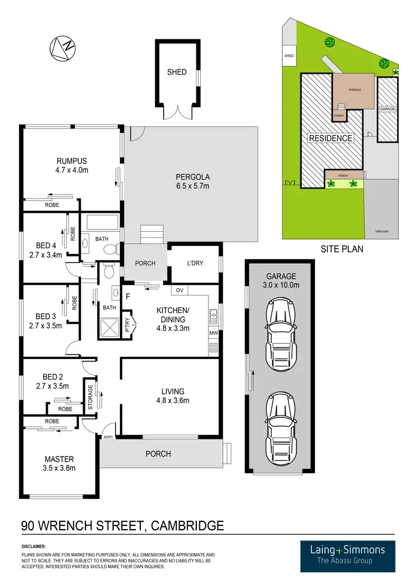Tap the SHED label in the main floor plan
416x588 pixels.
click(x=177, y=72)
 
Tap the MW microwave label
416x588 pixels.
click(x=214, y=333)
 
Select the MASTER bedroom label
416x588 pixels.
click(x=59, y=459)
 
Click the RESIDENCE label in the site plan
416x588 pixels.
click(x=331, y=138)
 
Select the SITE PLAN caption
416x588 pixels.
click(x=342, y=249)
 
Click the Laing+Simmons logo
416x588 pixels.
click(x=348, y=554)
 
